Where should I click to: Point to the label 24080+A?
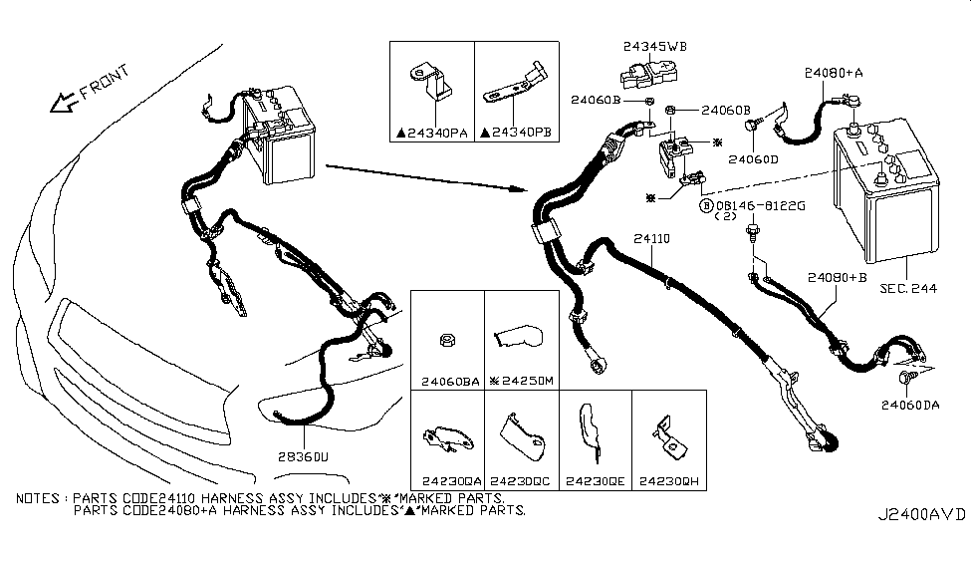836,73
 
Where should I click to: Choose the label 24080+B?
838,279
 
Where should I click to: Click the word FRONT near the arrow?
105,85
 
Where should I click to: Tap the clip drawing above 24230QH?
667,436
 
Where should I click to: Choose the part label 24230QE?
594,478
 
